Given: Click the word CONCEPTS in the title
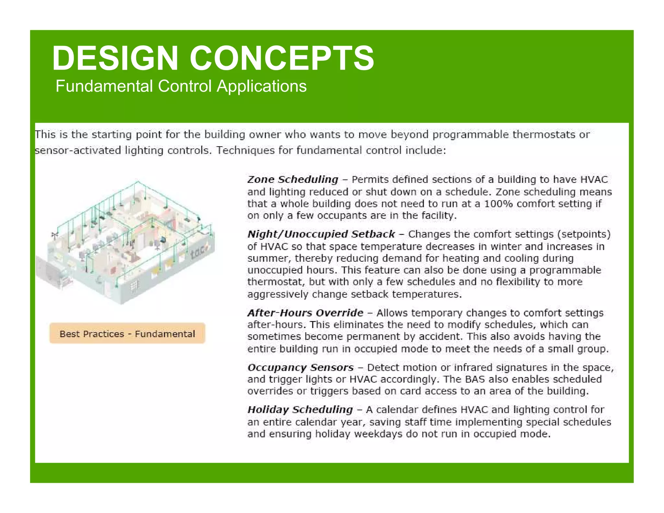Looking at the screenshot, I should pos(281,58).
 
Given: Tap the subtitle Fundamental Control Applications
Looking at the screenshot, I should pos(181,86).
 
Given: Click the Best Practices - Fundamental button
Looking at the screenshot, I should pos(127,334).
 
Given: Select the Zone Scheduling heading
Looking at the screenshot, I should pos(292,179).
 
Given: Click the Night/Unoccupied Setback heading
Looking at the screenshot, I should pos(321,234).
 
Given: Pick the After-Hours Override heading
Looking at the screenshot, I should pos(305,313).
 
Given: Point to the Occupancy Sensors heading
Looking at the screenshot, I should pos(300,367).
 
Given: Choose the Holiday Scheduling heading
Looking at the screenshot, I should pos(300,409).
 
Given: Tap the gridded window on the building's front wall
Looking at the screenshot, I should pos(134,286).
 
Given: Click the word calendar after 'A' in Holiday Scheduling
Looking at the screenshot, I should pos(397,410).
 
